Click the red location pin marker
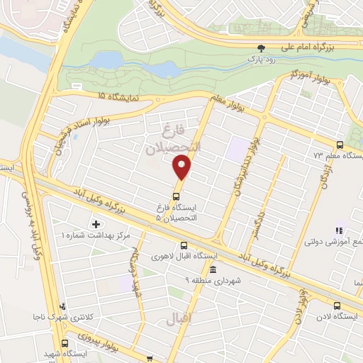pyautogui.click(x=182, y=167)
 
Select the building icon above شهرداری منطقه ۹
pyautogui.click(x=213, y=269)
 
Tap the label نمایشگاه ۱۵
pyautogui.click(x=111, y=94)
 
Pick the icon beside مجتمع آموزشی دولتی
pyautogui.click(x=339, y=230)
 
